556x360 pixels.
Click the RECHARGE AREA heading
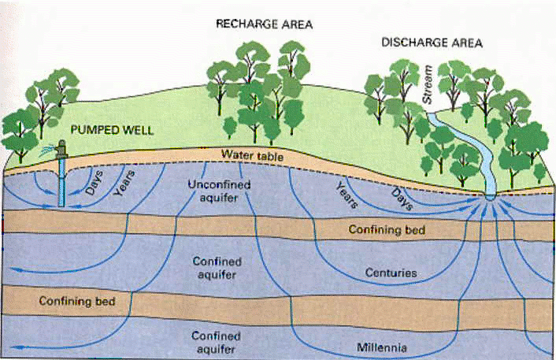[265, 24]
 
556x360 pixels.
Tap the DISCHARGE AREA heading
[432, 43]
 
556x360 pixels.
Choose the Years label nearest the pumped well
[126, 180]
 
